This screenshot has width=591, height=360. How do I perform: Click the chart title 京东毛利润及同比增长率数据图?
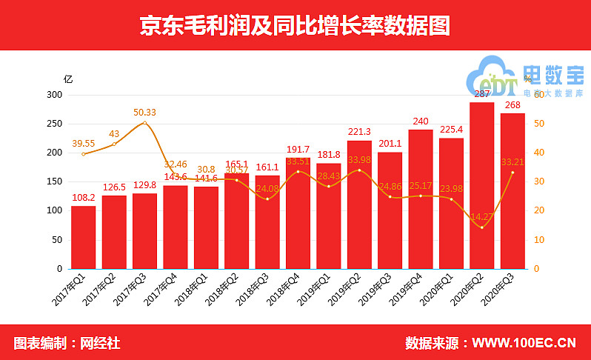[295, 26]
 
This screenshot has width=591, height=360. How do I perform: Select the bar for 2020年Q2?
[481, 185]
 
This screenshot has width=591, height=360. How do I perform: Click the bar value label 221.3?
[359, 132]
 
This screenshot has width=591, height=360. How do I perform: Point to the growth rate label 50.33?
[145, 113]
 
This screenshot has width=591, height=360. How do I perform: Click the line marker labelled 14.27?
[481, 227]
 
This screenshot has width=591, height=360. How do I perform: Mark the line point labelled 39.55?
[84, 153]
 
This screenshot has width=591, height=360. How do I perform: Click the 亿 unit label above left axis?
[67, 79]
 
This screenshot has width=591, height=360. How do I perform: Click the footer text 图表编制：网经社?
[67, 343]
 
